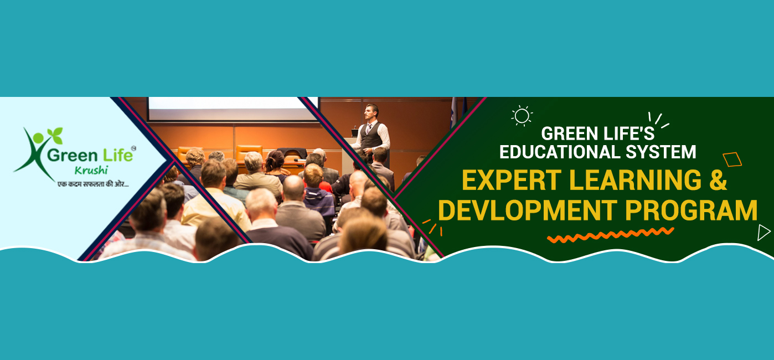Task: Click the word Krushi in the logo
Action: pos(91,171)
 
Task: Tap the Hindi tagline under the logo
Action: pos(93,184)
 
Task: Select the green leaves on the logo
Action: pos(55,135)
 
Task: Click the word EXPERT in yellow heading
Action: pos(512,180)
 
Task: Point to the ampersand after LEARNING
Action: pos(718,179)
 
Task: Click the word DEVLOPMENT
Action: pos(528,210)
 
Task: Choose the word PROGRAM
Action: pos(692,210)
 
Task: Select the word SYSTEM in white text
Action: pos(661,152)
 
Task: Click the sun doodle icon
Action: pos(522,116)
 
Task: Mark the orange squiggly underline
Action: pos(611,235)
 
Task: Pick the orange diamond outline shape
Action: pos(732,160)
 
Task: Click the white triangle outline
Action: pos(763,233)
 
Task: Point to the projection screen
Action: pos(234,109)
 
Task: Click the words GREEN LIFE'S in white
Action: pos(598,133)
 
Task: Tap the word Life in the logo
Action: pos(118,155)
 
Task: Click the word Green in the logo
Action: pos(72,155)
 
